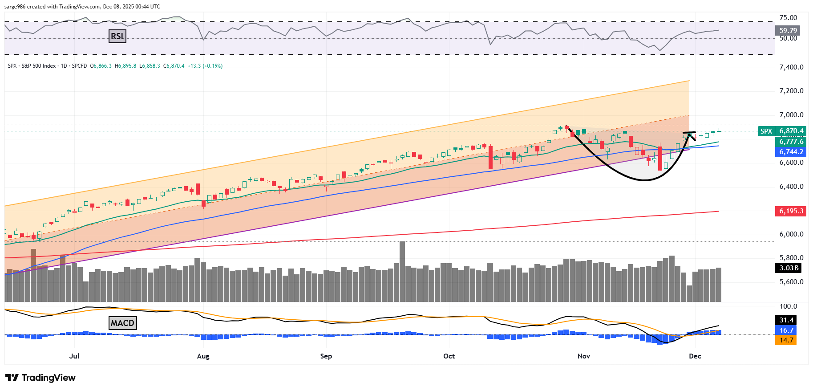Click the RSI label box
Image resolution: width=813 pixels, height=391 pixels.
tap(117, 36)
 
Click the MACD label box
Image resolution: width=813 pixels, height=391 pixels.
tap(122, 323)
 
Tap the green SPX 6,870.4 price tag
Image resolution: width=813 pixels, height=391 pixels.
tap(781, 131)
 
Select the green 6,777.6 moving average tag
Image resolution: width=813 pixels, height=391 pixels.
tap(791, 142)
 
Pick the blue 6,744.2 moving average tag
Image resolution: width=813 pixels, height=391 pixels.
tap(791, 152)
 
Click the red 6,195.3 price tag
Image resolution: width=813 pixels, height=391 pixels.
tap(791, 211)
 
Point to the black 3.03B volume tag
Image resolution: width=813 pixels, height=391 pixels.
tap(789, 268)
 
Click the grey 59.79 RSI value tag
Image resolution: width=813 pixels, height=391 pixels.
tap(788, 31)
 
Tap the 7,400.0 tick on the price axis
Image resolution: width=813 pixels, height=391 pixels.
tap(791, 67)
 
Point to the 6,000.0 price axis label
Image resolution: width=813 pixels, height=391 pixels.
tap(791, 234)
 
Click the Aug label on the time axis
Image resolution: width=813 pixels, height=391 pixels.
tap(203, 356)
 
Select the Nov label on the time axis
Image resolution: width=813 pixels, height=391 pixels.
tap(583, 356)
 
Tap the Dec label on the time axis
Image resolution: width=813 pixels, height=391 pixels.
tap(695, 356)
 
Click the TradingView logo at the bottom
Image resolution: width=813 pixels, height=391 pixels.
tap(40, 378)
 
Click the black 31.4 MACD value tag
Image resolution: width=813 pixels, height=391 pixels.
tap(786, 320)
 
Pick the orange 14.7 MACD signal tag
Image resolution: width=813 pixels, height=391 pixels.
tap(786, 340)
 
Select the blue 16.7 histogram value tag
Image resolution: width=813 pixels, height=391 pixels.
tap(786, 330)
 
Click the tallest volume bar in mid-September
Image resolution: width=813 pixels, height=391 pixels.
tap(402, 271)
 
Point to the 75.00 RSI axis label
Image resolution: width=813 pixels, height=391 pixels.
tap(788, 18)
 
